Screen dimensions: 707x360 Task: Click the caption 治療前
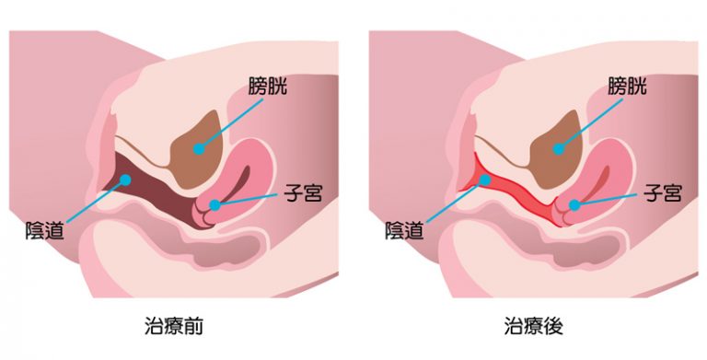pos(175,326)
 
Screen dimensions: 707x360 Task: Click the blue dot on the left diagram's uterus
pos(214,204)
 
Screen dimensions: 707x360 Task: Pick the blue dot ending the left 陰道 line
pos(126,180)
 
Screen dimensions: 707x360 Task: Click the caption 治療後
pos(533,326)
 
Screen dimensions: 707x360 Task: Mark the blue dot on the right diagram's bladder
pos(557,147)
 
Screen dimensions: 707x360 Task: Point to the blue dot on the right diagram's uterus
pos(573,204)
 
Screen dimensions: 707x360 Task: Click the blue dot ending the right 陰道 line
pos(483,180)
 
